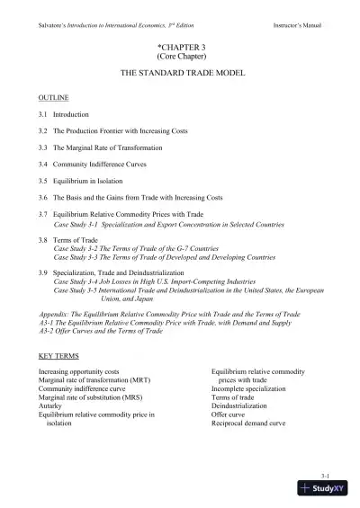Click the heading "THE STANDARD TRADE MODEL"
180,70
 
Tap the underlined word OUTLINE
52,95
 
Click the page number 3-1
325,473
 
